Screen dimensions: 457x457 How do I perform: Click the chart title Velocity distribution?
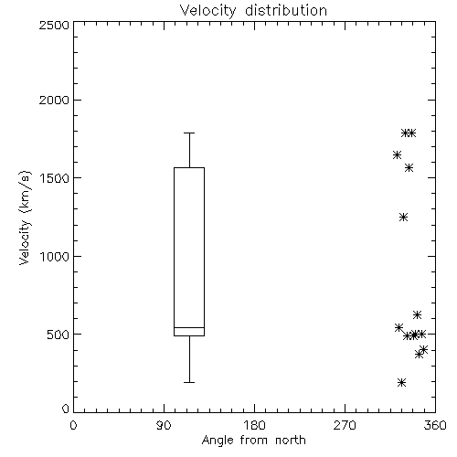(253, 10)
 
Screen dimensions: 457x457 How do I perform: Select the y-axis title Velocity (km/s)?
(25, 218)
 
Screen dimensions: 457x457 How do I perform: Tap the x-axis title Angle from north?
(254, 441)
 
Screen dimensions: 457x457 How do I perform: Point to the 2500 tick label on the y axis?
(54, 25)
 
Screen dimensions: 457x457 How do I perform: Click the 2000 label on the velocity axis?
(54, 100)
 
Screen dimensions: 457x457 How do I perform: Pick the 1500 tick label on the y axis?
(55, 178)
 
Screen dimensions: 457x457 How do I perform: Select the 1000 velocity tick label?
(55, 256)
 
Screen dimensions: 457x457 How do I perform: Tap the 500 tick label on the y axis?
(58, 335)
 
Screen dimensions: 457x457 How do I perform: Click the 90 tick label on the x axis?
(164, 425)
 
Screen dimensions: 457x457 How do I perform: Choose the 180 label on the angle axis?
(254, 425)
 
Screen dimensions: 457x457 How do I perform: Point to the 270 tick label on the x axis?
(345, 425)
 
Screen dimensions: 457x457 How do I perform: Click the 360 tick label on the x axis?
(435, 425)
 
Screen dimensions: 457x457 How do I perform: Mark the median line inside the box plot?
(189, 327)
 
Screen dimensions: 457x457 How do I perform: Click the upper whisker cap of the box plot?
(189, 133)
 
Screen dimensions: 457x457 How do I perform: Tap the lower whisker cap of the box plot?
(189, 382)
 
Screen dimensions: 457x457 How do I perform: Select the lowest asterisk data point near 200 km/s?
(402, 382)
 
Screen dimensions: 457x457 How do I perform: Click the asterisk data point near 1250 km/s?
(404, 218)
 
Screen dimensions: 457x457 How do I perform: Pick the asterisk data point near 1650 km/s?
(397, 155)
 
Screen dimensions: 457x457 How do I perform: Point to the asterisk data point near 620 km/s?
(417, 314)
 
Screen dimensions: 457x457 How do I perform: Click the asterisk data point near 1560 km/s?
(409, 168)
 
